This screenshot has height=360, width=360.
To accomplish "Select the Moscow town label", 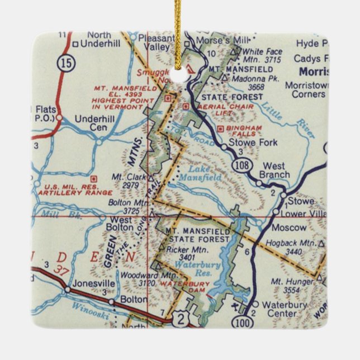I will [289, 228].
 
